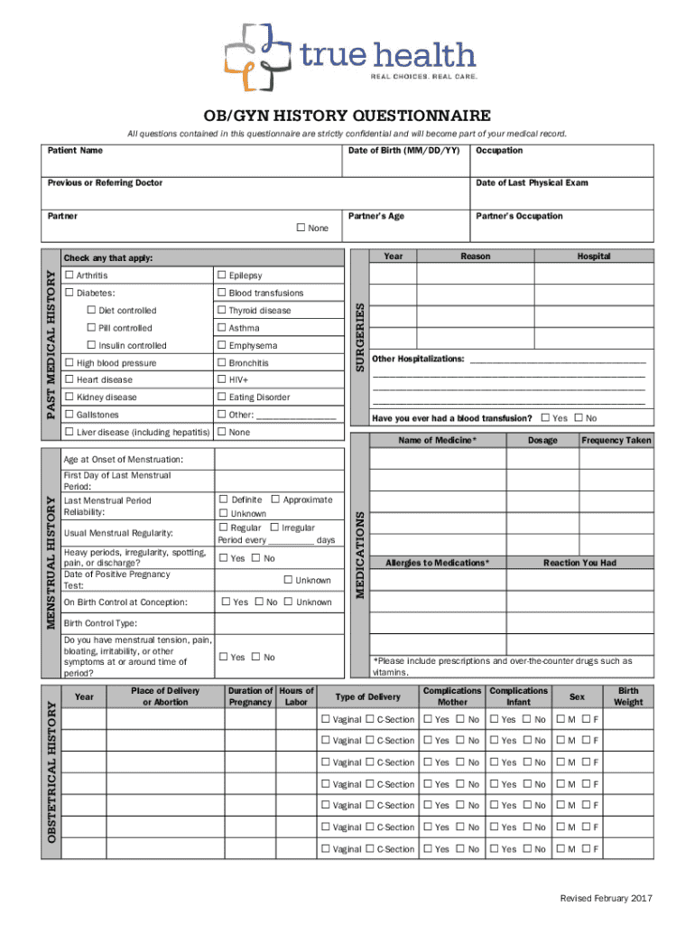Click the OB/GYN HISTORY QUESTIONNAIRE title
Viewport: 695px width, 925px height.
347,116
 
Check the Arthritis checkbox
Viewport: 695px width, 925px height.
69,276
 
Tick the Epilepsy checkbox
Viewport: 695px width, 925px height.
221,276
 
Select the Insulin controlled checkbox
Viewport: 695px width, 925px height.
91,345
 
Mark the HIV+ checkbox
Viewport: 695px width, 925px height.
221,380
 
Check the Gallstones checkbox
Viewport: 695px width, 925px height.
69,415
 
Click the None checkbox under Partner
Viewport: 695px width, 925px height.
301,228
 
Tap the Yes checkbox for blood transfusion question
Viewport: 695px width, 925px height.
544,418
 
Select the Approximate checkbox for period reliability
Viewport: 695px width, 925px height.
274,500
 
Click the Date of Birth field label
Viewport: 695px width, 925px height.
403,150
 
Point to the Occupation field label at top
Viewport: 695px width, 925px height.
499,150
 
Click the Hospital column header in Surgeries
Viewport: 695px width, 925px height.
594,257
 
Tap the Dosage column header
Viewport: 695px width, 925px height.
542,440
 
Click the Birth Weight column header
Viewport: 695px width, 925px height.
628,696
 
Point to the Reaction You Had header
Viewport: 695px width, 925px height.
579,563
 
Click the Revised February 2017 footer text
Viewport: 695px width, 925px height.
605,898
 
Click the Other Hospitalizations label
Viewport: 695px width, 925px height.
419,359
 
